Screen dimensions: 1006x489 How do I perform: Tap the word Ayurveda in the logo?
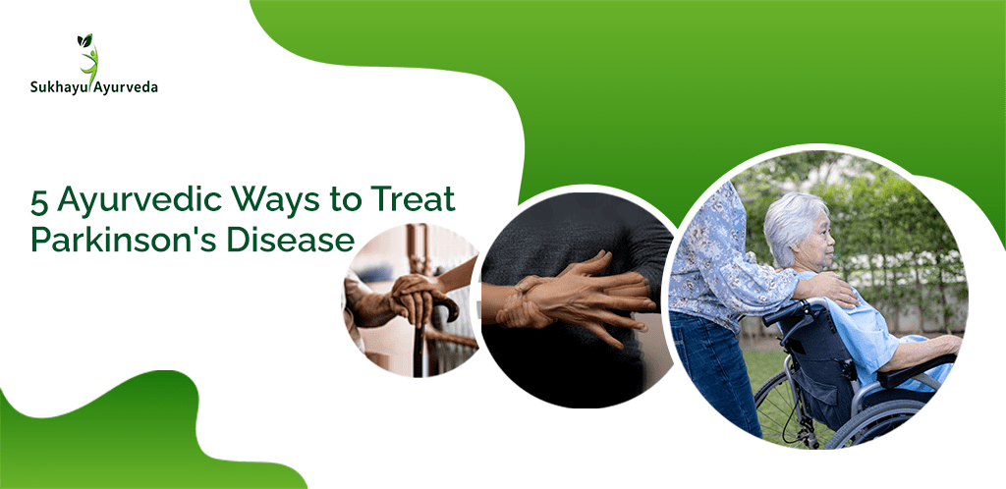125,87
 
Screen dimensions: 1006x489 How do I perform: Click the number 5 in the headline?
39,201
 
